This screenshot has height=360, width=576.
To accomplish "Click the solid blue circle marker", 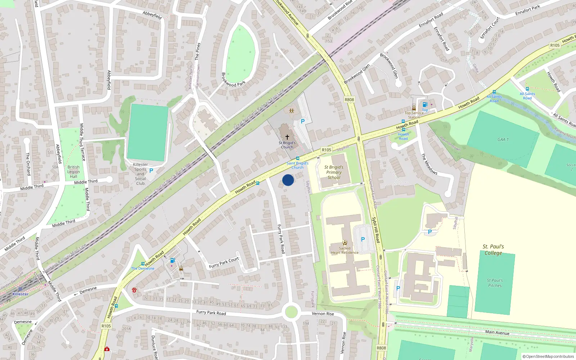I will [x=288, y=180].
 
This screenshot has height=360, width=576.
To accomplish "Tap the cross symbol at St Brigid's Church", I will [x=287, y=137].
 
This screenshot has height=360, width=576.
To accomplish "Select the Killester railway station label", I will [x=20, y=294].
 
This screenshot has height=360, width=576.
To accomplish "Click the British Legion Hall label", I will [x=73, y=172].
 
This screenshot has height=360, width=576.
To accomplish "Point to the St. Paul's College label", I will [x=493, y=249].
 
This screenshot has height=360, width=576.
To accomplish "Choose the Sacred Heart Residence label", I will [x=345, y=250].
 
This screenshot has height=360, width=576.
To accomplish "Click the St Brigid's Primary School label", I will [x=334, y=172].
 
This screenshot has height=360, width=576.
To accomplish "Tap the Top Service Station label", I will [x=414, y=115].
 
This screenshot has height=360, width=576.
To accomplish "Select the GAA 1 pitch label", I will [x=503, y=140].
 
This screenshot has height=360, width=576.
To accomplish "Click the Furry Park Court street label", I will [x=224, y=263].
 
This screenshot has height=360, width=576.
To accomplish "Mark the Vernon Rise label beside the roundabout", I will [x=323, y=314].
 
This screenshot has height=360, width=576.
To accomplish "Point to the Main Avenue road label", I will [x=497, y=332].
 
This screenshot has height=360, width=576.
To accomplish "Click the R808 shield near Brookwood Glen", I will [x=349, y=100].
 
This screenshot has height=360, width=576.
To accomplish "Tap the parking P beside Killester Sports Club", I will [x=151, y=171].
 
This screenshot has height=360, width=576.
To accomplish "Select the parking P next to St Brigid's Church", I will [x=302, y=122].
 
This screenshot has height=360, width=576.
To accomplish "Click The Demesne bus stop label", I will [x=143, y=269].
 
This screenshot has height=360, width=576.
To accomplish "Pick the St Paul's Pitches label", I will [x=495, y=283].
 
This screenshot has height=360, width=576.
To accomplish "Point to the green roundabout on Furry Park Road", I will [x=291, y=312].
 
